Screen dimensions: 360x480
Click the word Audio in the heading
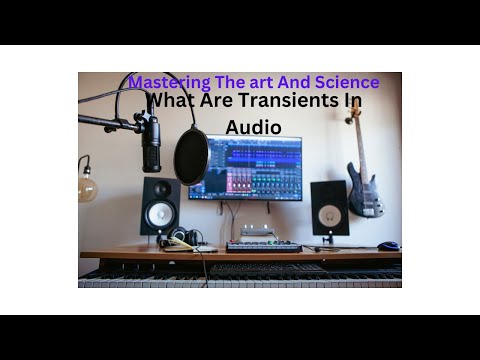[x=253, y=127]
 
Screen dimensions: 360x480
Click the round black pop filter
[x=191, y=156]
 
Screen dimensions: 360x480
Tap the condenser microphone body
[x=151, y=143]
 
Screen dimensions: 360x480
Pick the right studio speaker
[x=329, y=208]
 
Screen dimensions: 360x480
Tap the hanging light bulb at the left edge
[x=87, y=188]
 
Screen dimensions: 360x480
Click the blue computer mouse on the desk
[x=387, y=245]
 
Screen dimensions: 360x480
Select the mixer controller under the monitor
[x=264, y=245]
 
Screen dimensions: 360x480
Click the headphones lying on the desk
[x=186, y=238]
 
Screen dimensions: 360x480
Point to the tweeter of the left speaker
[x=160, y=189]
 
